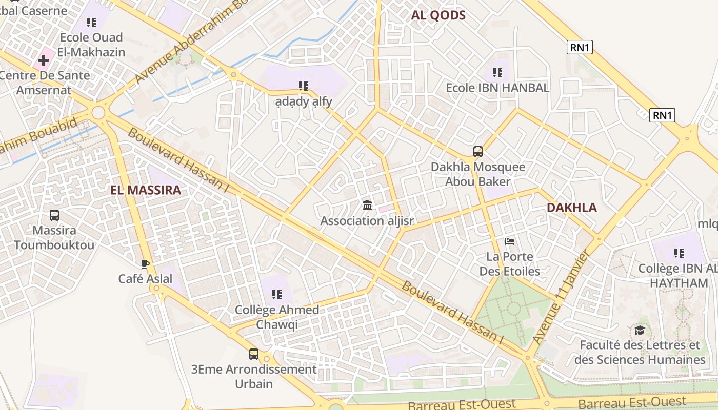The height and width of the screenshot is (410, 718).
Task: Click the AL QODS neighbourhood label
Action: click(438, 15)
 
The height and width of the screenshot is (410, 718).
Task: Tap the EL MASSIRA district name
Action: click(146, 190)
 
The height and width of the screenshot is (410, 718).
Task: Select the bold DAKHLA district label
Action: click(571, 208)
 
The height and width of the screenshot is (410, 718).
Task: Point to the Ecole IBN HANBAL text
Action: click(497, 88)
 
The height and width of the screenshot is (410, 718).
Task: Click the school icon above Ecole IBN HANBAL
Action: click(497, 73)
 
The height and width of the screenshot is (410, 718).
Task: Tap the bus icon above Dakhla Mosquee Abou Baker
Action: click(478, 152)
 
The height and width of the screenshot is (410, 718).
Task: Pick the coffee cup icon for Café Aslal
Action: click(145, 264)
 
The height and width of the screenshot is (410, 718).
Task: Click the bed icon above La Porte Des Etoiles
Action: click(510, 241)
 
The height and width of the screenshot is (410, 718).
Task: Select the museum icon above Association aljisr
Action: click(367, 206)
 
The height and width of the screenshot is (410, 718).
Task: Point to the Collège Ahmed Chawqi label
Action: click(277, 317)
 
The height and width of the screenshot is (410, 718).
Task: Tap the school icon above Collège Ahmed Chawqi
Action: click(277, 294)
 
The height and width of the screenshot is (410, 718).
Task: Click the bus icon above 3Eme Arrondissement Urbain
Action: click(254, 354)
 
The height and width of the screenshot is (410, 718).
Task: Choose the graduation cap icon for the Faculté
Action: click(640, 330)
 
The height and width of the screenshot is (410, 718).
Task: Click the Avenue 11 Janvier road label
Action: click(563, 297)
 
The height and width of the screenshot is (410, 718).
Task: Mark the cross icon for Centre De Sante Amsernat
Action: click(44, 60)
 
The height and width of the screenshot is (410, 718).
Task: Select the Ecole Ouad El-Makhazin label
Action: click(91, 45)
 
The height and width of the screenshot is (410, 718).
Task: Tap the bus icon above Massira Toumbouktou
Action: click(54, 215)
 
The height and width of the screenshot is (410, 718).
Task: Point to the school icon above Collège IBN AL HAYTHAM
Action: click(679, 253)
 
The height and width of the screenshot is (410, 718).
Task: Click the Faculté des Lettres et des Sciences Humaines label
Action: click(640, 352)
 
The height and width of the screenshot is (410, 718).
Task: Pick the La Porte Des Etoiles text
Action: click(510, 264)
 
